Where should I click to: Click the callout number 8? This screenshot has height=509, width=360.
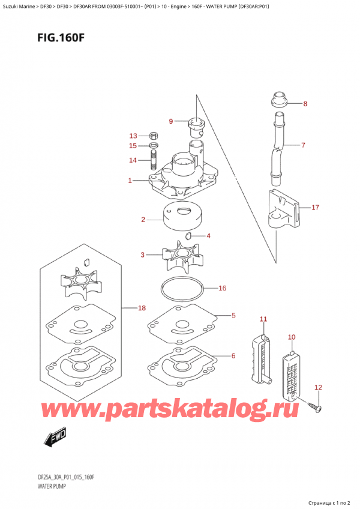(x=305, y=104)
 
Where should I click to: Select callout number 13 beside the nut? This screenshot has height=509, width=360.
(x=133, y=136)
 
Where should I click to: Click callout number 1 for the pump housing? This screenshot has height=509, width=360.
(x=130, y=180)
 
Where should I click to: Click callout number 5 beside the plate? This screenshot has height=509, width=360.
(x=233, y=315)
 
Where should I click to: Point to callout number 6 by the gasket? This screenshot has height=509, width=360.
(x=233, y=356)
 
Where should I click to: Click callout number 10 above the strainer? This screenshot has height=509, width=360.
(x=292, y=337)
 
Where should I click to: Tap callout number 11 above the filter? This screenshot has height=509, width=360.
(x=263, y=319)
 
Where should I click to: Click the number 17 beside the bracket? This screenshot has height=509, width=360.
(x=315, y=207)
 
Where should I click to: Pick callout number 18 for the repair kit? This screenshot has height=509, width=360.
(x=142, y=308)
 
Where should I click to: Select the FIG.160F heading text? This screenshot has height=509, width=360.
(x=61, y=38)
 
